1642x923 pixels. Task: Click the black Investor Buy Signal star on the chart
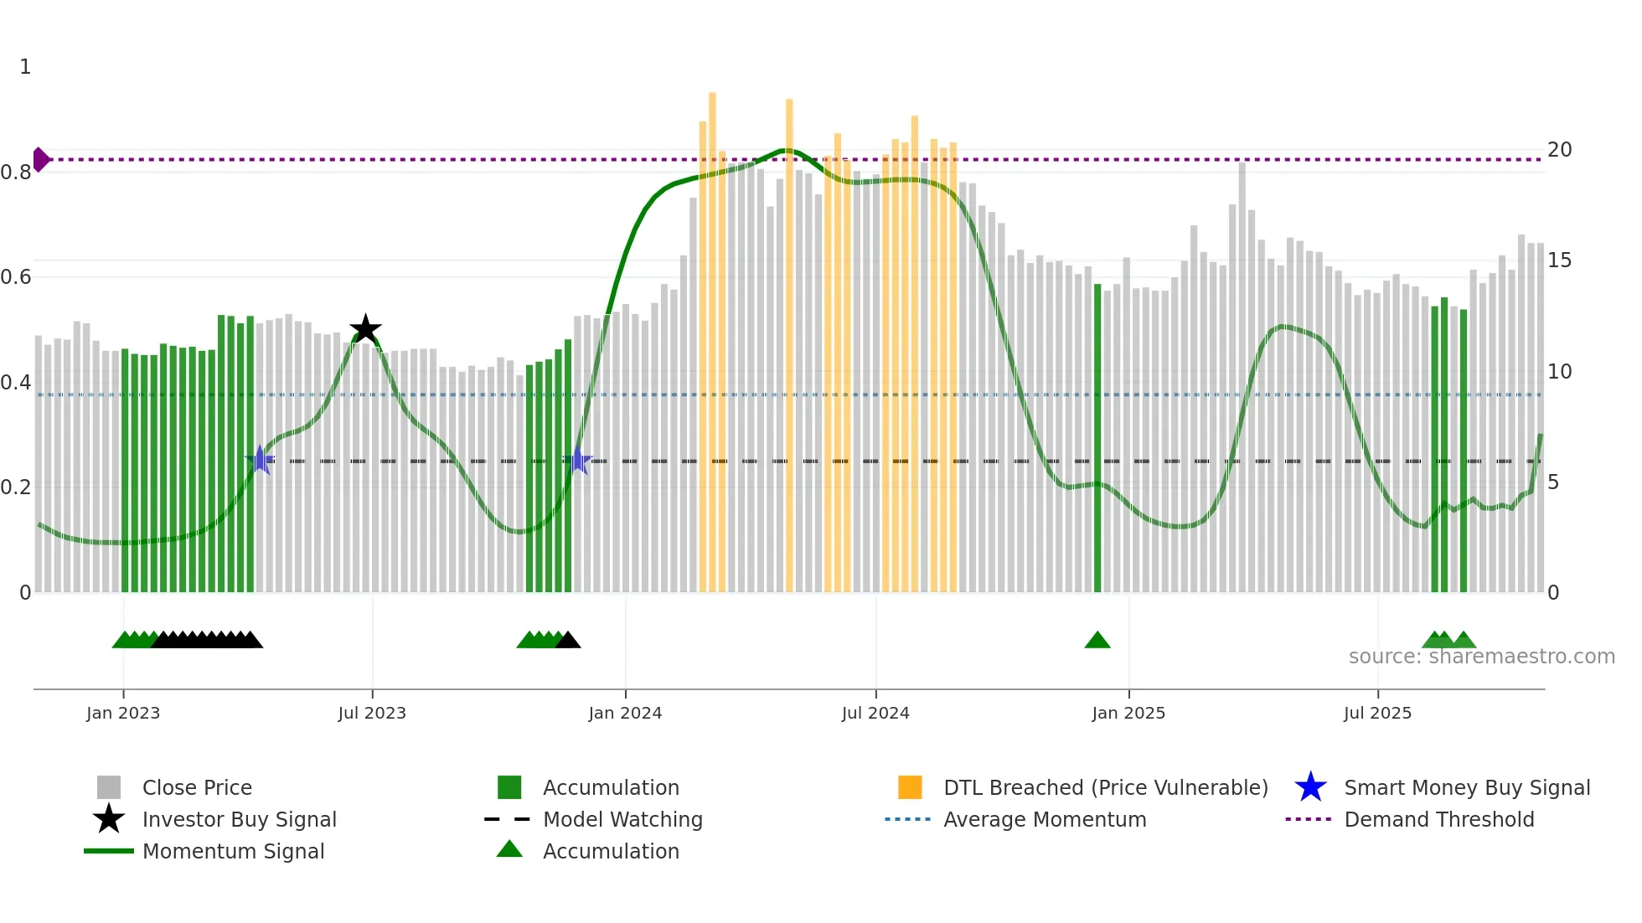click(x=365, y=330)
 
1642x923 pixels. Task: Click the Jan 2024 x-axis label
click(x=625, y=713)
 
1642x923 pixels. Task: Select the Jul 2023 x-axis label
click(x=372, y=713)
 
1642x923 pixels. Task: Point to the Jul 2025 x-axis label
click(x=1377, y=713)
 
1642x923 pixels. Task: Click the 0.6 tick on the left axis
click(x=16, y=277)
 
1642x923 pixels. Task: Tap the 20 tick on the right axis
click(x=1559, y=150)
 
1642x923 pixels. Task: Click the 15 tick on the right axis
click(x=1559, y=260)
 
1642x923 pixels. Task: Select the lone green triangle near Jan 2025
click(x=1097, y=641)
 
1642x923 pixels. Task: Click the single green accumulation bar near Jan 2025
click(x=1097, y=436)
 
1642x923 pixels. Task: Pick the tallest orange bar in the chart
click(x=712, y=335)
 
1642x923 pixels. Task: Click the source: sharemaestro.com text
click(x=1481, y=657)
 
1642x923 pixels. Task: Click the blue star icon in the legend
click(x=1310, y=787)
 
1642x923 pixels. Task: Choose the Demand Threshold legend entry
click(x=1438, y=819)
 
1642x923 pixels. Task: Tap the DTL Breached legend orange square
click(x=910, y=787)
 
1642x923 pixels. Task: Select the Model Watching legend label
click(x=622, y=819)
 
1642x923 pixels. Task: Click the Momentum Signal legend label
click(x=233, y=851)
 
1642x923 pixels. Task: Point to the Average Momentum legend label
click(x=1045, y=819)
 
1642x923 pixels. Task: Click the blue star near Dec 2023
click(x=577, y=461)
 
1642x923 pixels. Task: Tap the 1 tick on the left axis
click(x=25, y=67)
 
